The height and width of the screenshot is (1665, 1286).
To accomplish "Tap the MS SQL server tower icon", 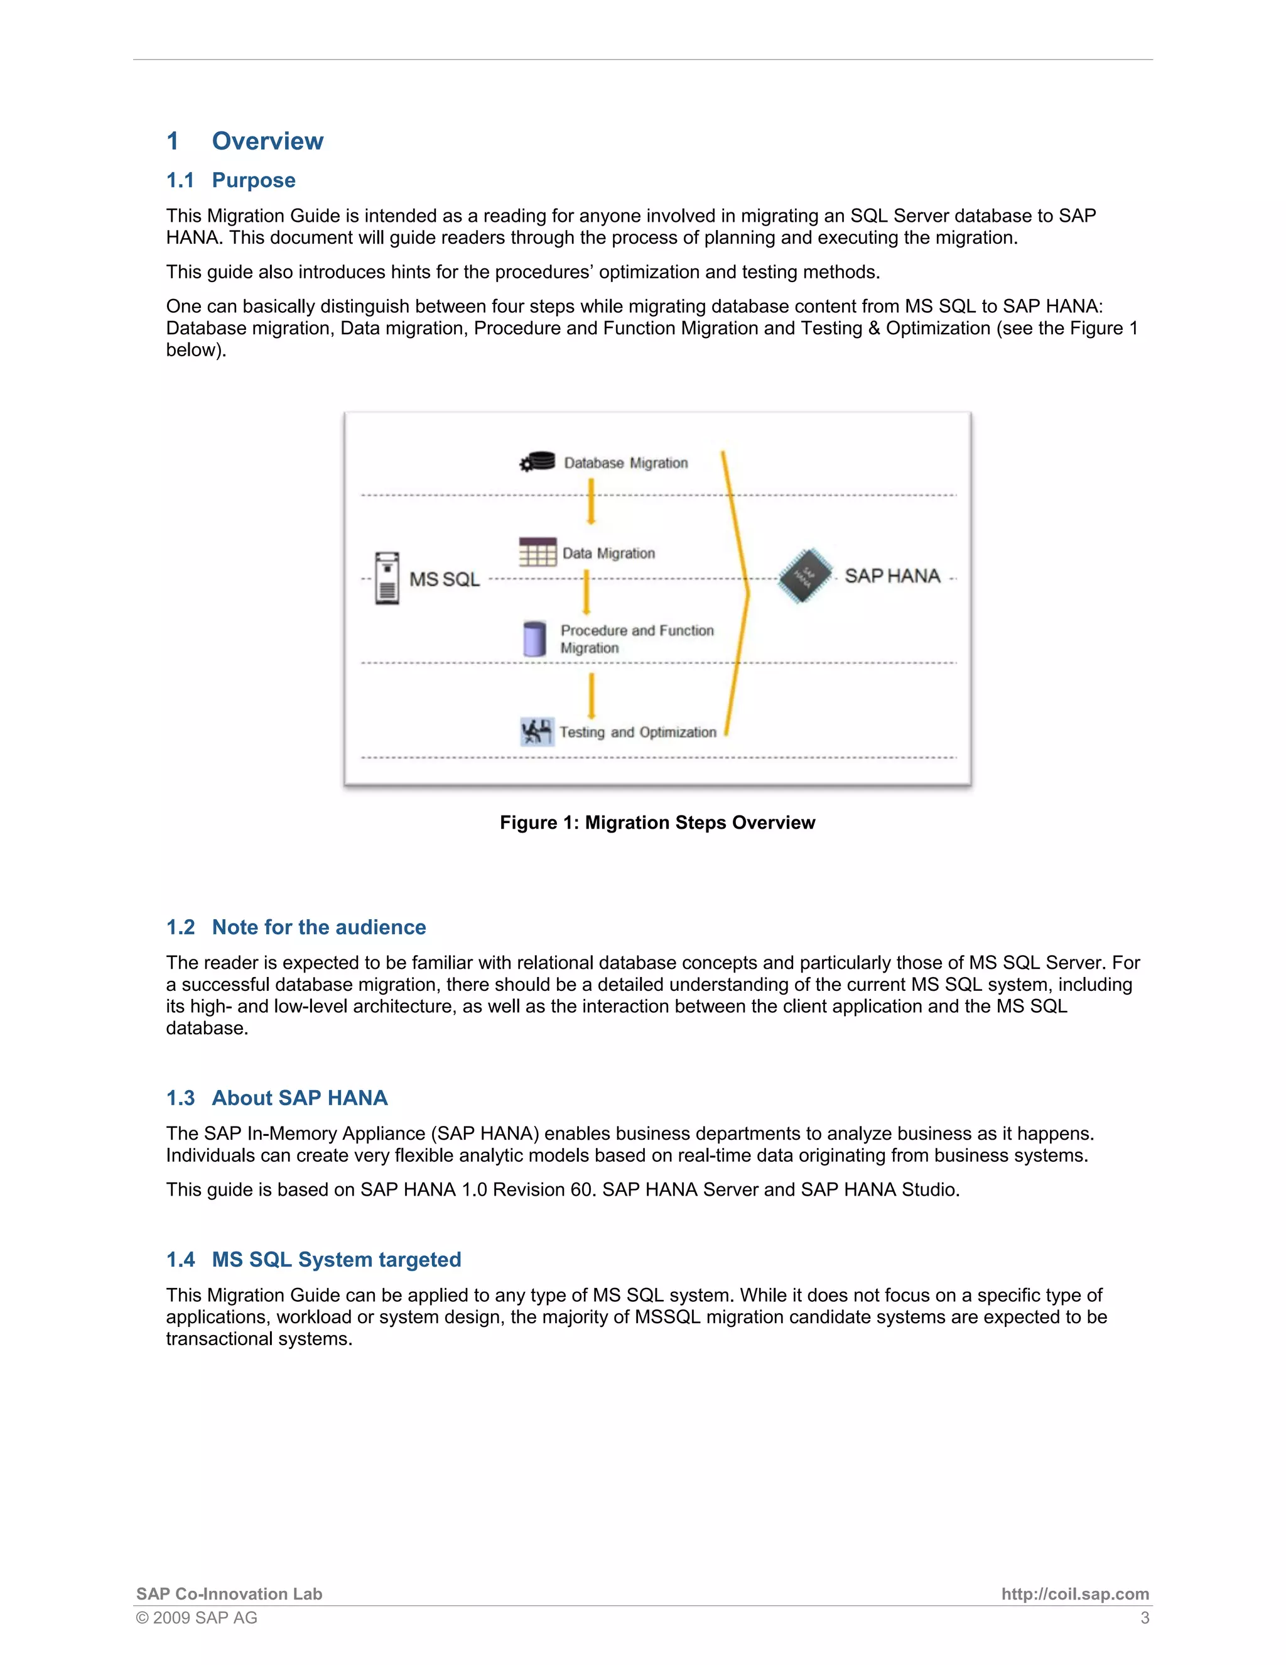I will point(387,579).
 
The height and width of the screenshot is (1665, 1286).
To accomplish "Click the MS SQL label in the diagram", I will point(444,579).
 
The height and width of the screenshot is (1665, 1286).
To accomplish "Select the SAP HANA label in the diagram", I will point(892,576).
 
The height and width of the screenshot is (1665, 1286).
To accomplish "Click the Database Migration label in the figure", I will point(625,463).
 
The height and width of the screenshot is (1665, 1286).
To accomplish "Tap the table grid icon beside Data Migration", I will point(537,552).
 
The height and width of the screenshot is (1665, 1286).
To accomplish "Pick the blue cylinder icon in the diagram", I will point(534,639).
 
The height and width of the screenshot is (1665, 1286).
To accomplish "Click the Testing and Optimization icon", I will point(536,732).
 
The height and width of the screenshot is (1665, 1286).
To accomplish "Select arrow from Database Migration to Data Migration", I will point(590,501).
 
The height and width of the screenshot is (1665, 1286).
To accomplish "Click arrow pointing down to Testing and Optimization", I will point(591,696).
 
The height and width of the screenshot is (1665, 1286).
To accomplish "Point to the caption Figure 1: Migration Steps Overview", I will point(657,822).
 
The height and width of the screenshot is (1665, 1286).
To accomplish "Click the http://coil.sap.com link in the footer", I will point(1074,1594).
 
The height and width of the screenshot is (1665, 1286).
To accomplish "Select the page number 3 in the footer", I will point(1144,1618).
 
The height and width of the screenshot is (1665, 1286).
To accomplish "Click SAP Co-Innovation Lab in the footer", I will point(229,1594).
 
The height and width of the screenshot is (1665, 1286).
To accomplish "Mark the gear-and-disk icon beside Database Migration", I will point(537,462).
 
